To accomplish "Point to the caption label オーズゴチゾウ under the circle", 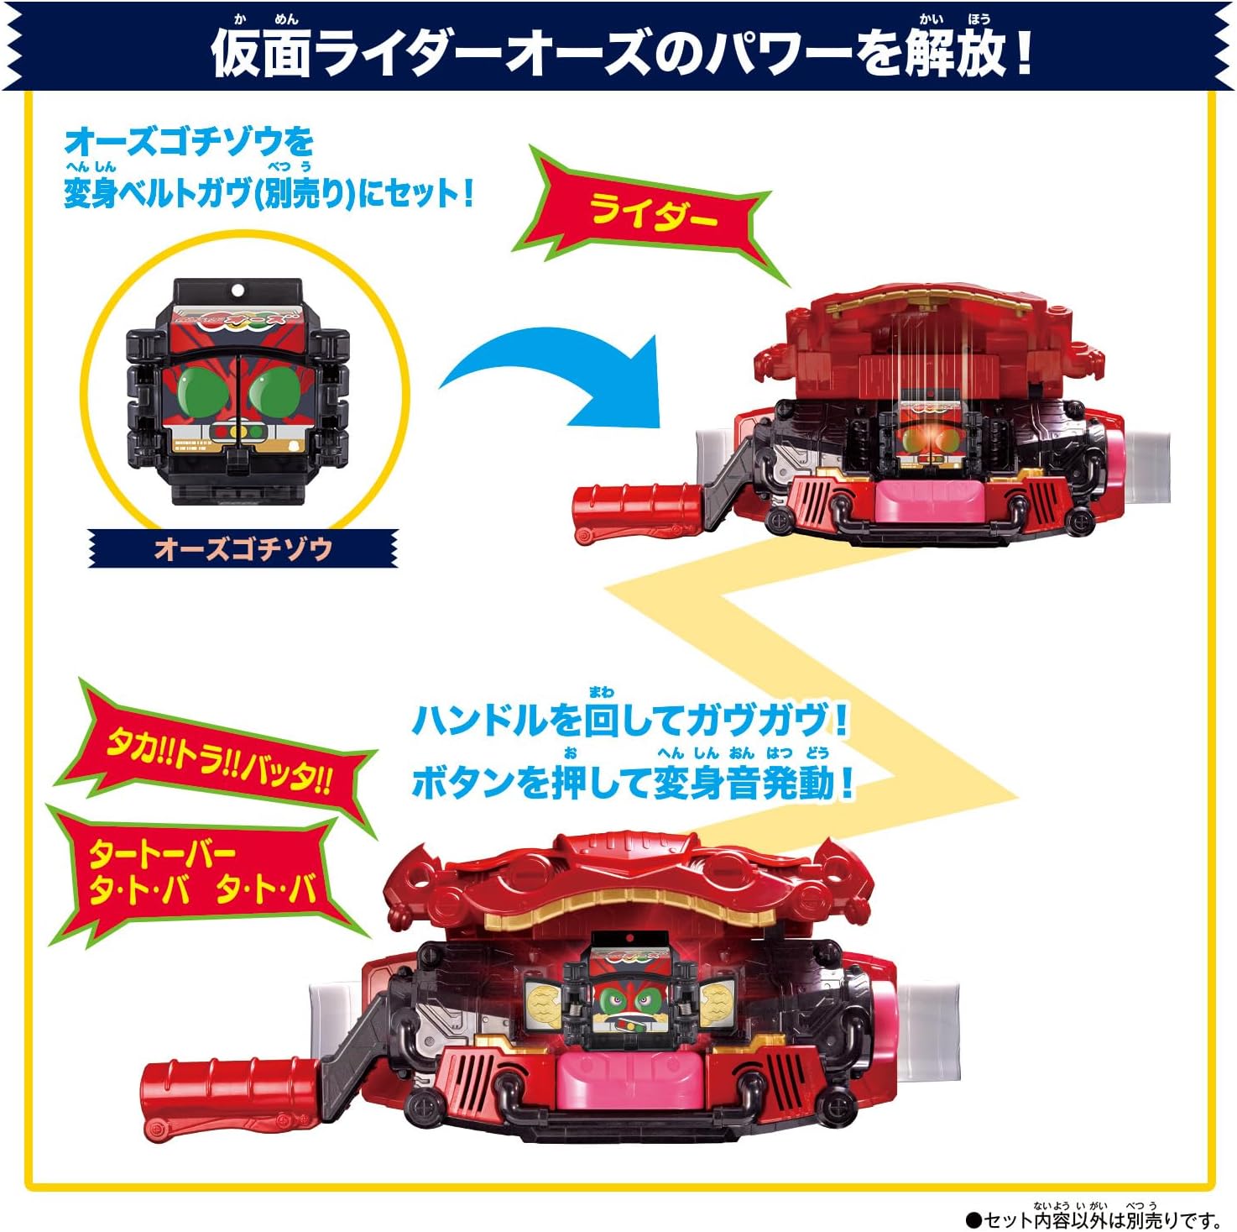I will [x=243, y=548].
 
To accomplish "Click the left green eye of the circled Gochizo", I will [x=207, y=390].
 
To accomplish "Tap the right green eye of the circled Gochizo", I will [x=273, y=390].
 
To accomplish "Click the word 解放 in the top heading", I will [x=953, y=52].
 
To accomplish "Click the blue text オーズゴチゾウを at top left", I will [x=189, y=142].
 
